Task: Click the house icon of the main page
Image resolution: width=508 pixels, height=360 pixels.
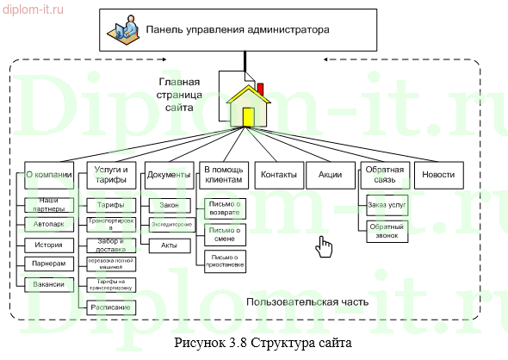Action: (x=247, y=103)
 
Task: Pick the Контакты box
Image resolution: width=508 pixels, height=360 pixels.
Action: (x=278, y=175)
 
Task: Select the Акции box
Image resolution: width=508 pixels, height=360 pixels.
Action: (x=330, y=175)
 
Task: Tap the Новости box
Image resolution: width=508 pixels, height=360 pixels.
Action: (x=438, y=175)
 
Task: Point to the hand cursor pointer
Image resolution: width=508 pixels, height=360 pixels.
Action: (x=323, y=247)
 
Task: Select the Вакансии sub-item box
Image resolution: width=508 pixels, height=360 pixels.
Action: (x=48, y=283)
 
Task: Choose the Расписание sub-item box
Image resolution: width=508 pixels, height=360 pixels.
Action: (x=109, y=307)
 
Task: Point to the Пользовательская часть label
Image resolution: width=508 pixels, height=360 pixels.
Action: (x=307, y=301)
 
